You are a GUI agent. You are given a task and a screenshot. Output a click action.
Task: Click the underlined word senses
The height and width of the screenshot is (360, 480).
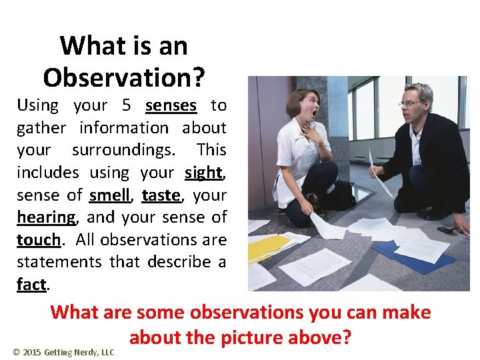tap(171, 105)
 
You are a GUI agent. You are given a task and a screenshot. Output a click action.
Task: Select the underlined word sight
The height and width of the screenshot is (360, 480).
tap(203, 173)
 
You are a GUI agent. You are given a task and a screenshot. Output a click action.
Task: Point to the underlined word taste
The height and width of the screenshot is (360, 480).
tap(161, 195)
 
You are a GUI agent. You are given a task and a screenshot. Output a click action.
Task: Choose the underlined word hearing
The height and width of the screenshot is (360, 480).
tap(46, 217)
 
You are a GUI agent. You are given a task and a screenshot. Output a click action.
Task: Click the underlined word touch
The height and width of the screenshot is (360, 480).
tap(38, 240)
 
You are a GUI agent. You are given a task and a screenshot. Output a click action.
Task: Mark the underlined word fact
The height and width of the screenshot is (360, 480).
tap(31, 285)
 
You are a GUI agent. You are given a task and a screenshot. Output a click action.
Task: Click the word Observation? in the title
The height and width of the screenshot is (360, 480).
tap(124, 77)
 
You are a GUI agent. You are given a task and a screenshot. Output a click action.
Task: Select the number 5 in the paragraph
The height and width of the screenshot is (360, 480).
tap(127, 105)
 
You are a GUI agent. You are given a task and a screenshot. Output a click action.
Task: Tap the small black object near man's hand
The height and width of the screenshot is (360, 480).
tap(445, 231)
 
